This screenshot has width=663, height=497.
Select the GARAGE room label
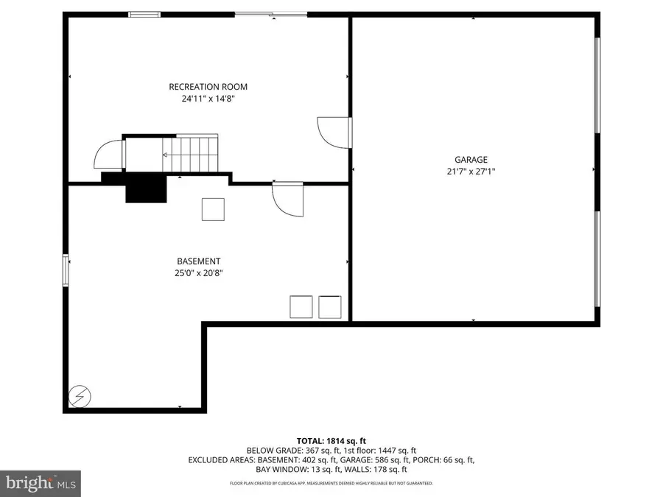click(x=471, y=159)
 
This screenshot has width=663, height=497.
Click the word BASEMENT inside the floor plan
click(x=198, y=261)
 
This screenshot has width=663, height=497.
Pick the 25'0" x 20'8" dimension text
click(x=198, y=272)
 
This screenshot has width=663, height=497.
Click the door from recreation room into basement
click(x=286, y=198)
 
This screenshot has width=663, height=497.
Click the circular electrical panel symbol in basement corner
click(x=77, y=396)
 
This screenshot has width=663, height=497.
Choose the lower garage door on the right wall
click(x=597, y=258)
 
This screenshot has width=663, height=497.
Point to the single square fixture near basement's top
click(x=213, y=209)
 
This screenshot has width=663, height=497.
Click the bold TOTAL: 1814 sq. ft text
click(x=331, y=440)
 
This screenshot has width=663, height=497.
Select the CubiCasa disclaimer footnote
click(x=331, y=484)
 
